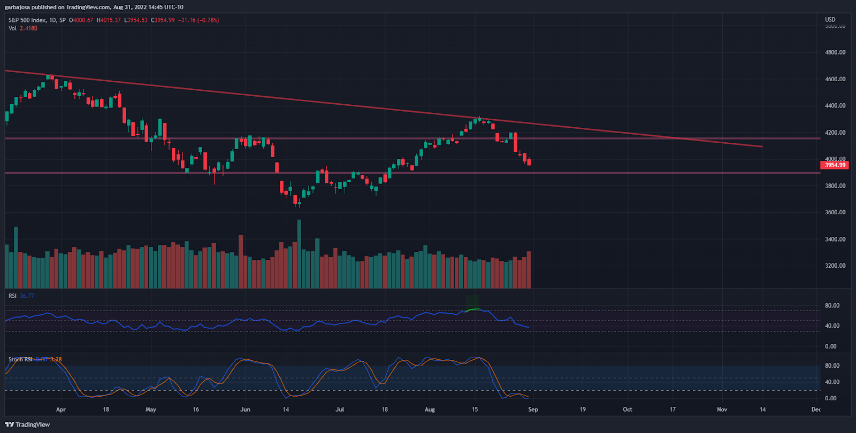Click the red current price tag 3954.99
coord(835,165)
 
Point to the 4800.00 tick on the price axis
coord(835,52)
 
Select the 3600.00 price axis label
coord(835,212)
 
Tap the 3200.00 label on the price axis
coord(835,266)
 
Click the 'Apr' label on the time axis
coord(61,409)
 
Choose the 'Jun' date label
coord(245,409)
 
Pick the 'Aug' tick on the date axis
coord(430,409)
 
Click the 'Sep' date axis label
coord(533,409)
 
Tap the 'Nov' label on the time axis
coord(722,409)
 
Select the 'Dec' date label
coord(815,409)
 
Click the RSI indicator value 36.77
coord(27,296)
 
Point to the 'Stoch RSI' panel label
coord(20,359)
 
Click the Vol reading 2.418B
coord(28,28)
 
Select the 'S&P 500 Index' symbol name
coord(27,20)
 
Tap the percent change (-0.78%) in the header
coord(208,20)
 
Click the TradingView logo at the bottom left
coord(27,424)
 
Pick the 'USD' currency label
coord(830,20)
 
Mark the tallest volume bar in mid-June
coord(299,254)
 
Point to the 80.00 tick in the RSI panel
coord(832,306)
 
